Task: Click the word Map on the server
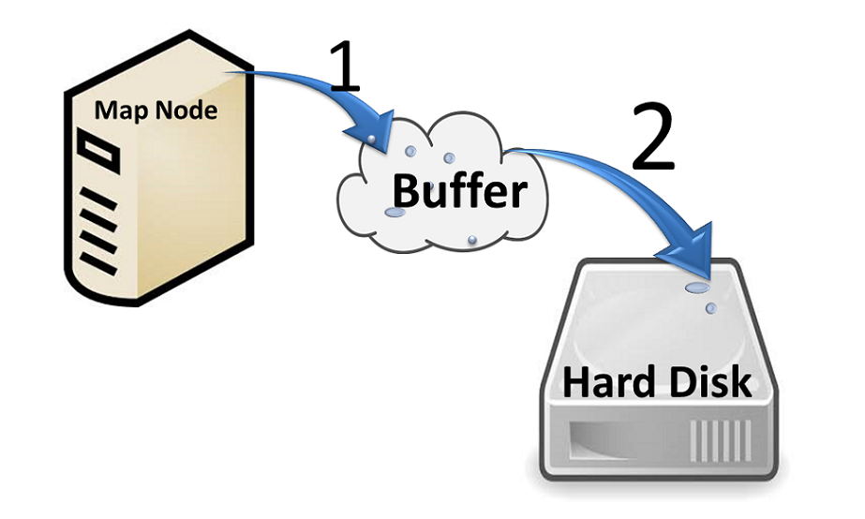[x=116, y=111]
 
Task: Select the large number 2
[x=653, y=140]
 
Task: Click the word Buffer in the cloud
[x=459, y=191]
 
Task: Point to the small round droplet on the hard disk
[x=709, y=307]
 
